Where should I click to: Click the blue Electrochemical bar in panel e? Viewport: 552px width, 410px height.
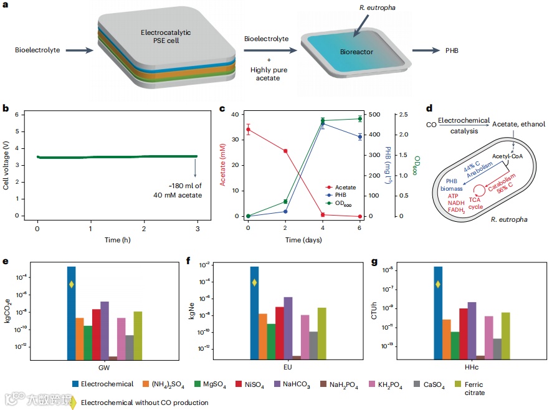point(72,312)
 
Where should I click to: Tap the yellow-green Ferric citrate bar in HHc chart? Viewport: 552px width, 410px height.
point(505,335)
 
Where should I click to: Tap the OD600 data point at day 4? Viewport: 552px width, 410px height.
point(323,120)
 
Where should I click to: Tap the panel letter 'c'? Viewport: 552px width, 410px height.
point(222,108)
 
